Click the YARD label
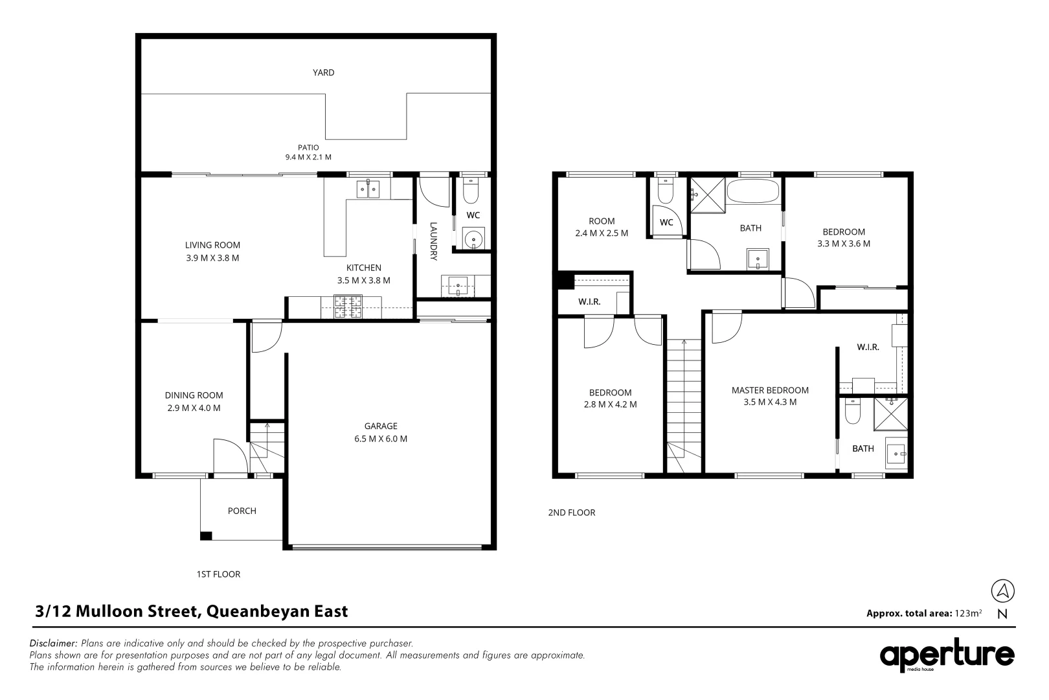tap(323, 73)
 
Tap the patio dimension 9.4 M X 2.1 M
tap(308, 157)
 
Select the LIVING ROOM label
tap(212, 245)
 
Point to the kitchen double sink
tap(368, 189)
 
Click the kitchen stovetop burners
tap(348, 307)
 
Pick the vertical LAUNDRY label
tap(433, 242)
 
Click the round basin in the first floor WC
tap(473, 239)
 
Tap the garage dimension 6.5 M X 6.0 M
tap(381, 439)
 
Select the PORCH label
tap(242, 511)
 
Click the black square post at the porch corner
tap(205, 536)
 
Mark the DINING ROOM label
tap(194, 395)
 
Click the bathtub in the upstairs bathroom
tap(753, 191)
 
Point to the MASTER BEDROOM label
tap(770, 390)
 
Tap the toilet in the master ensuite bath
tap(852, 411)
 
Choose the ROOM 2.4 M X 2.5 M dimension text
tap(602, 233)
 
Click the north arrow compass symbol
tap(1002, 590)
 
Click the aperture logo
tap(947, 655)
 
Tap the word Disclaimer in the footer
tap(52, 643)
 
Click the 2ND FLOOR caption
tap(571, 513)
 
